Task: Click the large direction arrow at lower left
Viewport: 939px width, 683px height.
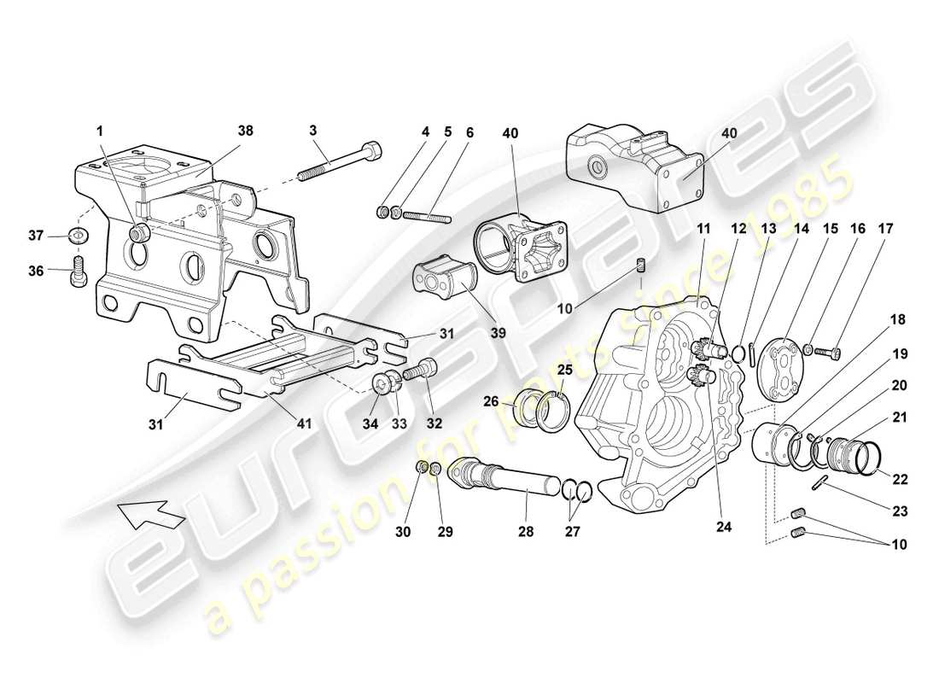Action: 149,515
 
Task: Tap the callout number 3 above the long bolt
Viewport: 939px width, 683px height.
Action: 312,131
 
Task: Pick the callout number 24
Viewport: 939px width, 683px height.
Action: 724,527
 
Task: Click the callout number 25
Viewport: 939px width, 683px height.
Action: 565,369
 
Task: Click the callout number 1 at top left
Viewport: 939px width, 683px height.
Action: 100,131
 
